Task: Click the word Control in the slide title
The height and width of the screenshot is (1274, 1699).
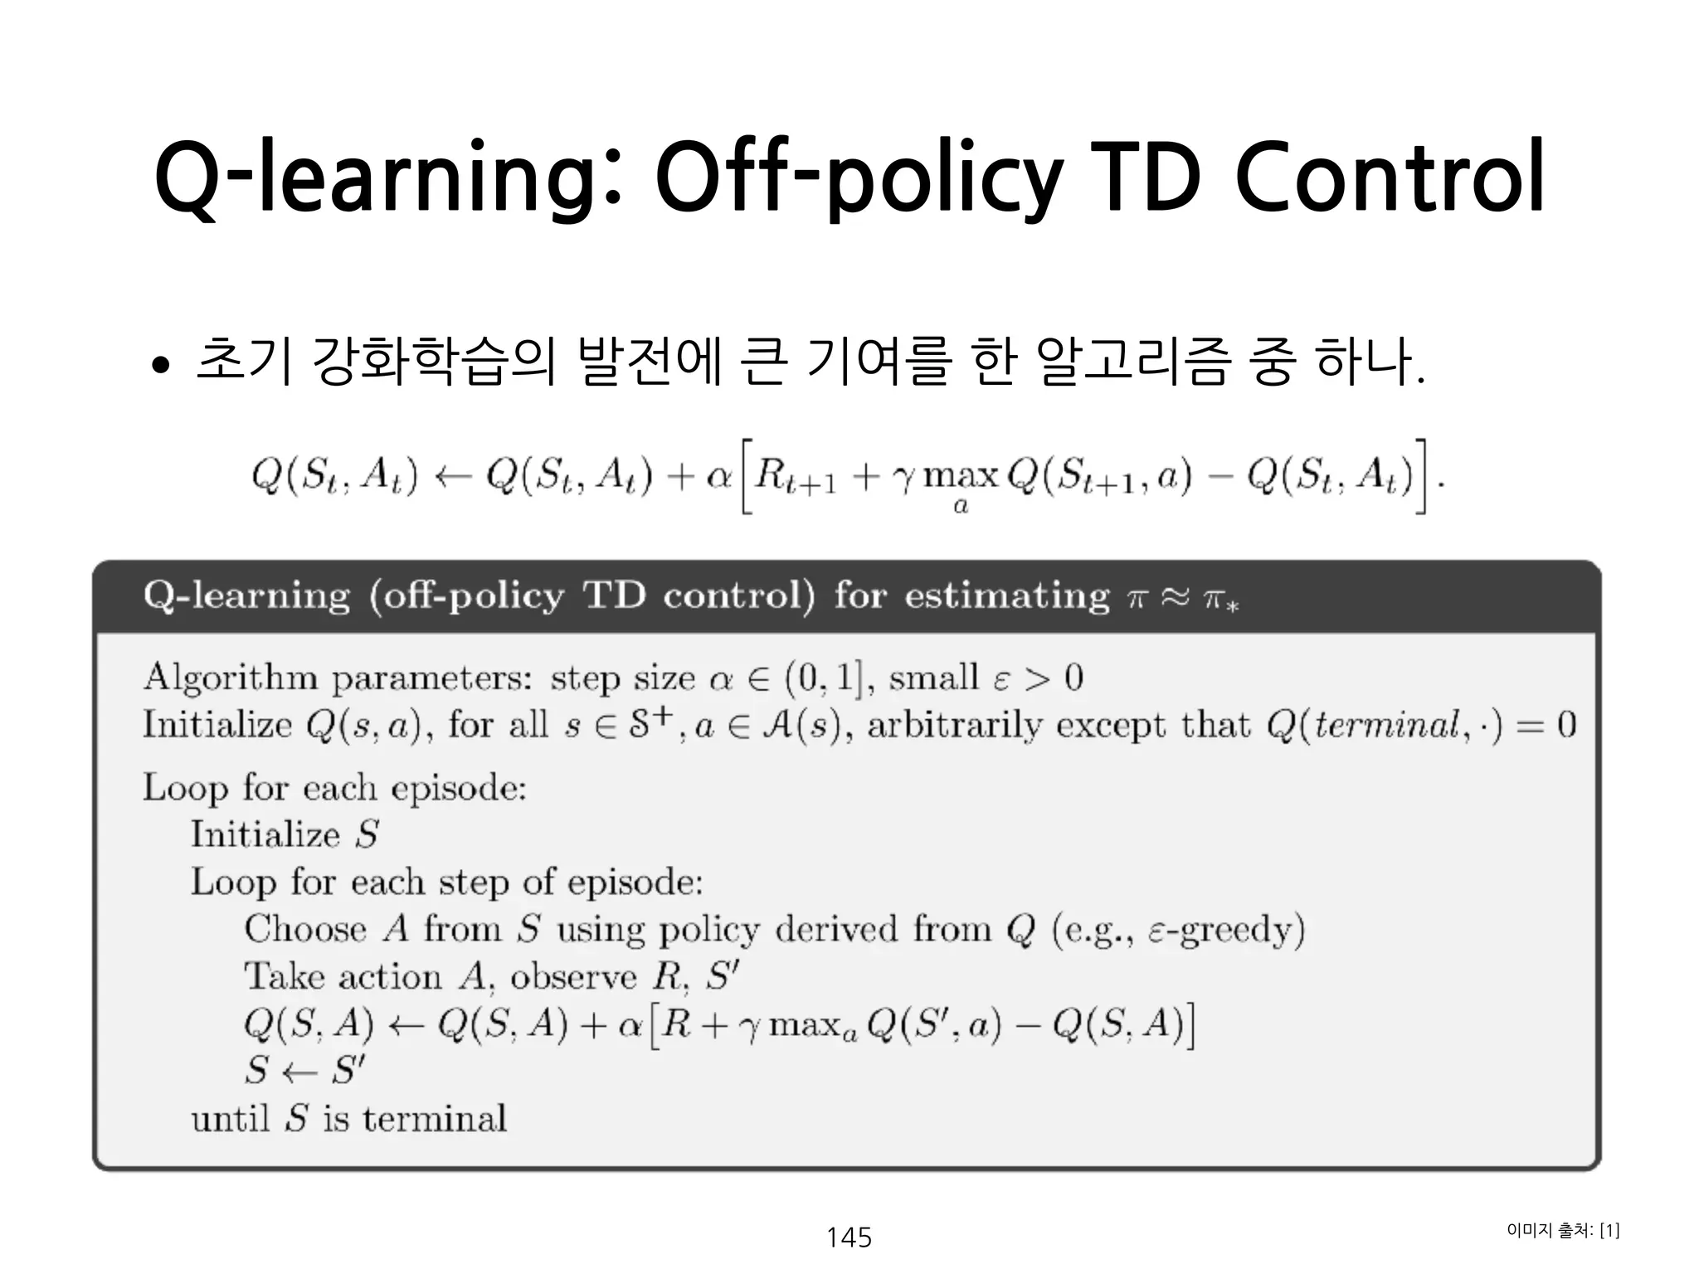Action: coord(1390,177)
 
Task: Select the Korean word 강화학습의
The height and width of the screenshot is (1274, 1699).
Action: coord(431,362)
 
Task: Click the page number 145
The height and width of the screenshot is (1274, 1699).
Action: coord(849,1237)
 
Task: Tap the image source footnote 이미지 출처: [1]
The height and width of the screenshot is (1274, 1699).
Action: coord(1562,1230)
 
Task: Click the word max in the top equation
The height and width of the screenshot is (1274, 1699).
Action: coord(961,477)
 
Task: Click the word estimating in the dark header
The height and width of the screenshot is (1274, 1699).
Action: coord(1006,596)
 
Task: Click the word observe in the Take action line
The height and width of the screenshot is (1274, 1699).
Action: coord(572,977)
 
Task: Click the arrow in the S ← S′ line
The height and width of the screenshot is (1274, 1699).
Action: coord(299,1072)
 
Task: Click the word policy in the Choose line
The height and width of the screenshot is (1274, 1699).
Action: coord(709,930)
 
